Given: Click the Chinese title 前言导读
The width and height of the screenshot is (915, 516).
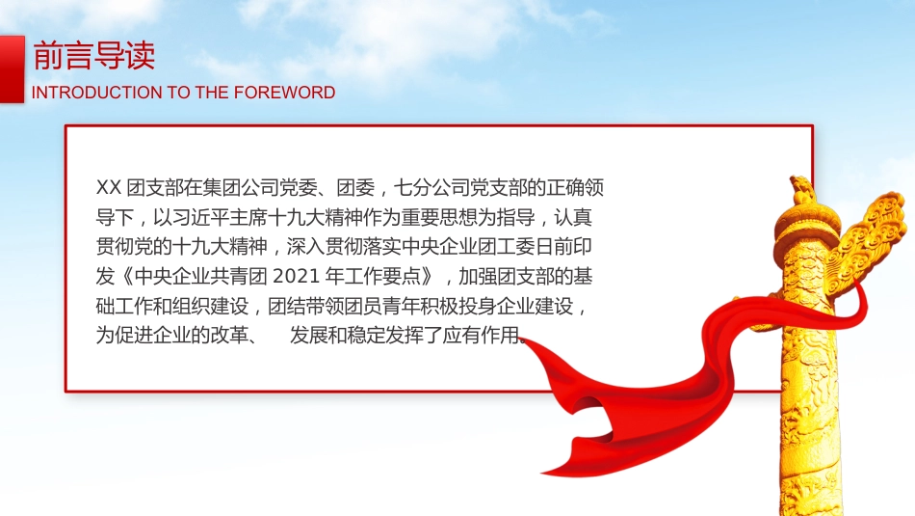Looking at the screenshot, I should pyautogui.click(x=93, y=56).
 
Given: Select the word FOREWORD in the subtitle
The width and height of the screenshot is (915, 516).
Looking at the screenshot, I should pyautogui.click(x=286, y=93).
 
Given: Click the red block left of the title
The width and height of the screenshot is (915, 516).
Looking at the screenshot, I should pyautogui.click(x=12, y=68).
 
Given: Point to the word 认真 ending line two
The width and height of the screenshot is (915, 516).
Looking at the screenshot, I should pyautogui.click(x=585, y=217).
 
